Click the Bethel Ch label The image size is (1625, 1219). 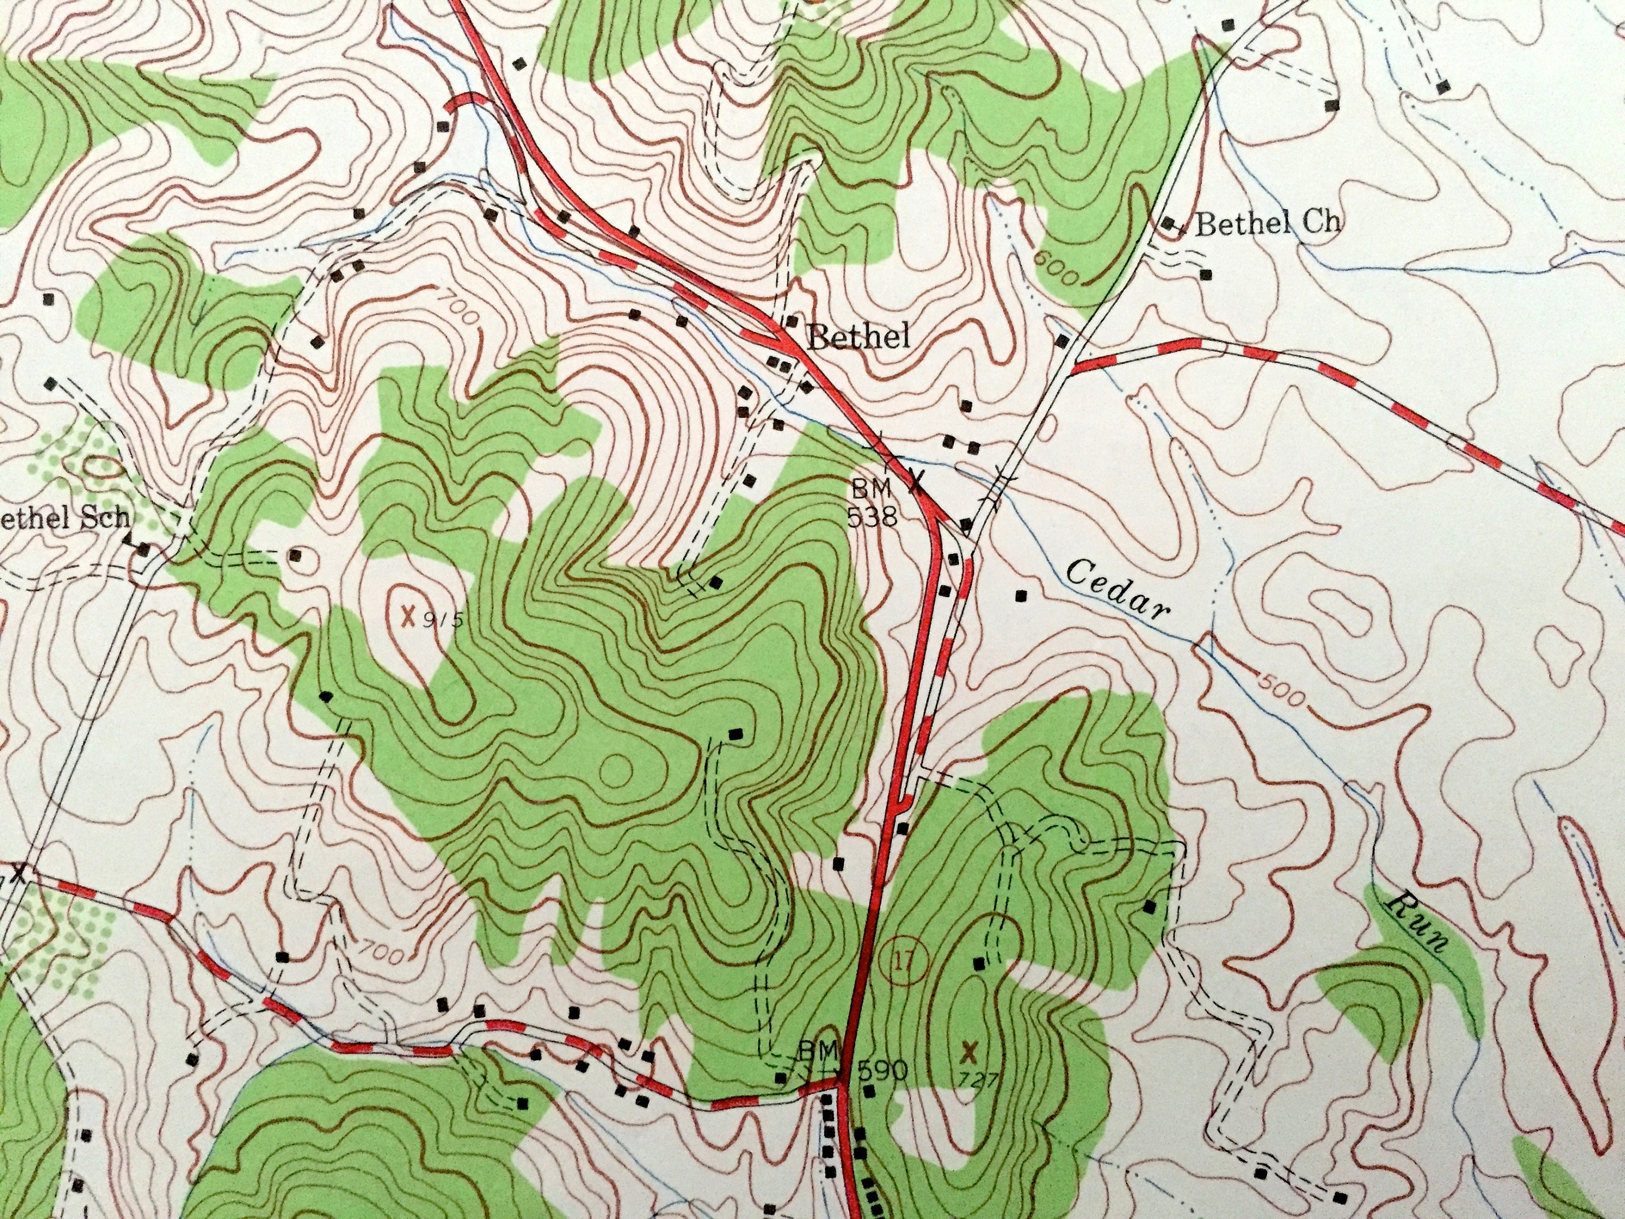pyautogui.click(x=1267, y=223)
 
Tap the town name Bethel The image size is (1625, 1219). pyautogui.click(x=858, y=338)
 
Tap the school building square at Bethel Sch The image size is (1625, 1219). pyautogui.click(x=145, y=549)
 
